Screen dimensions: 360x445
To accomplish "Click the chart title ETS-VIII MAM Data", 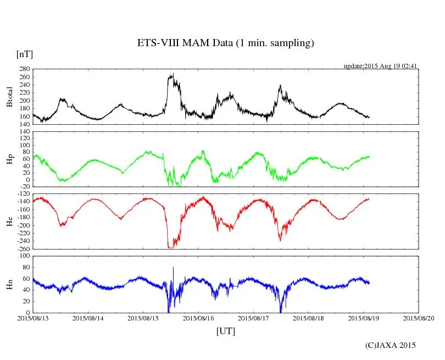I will pos(225,43).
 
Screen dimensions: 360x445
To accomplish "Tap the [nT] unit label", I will pos(25,54).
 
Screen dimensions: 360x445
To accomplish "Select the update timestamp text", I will pos(381,66).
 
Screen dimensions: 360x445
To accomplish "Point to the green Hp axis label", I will pos(9,159).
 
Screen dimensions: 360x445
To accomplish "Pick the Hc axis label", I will pos(9,221).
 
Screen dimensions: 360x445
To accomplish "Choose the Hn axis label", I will pos(9,284).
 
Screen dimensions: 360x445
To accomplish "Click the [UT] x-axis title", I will pos(226,331).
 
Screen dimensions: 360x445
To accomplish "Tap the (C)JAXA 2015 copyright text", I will pos(391,345).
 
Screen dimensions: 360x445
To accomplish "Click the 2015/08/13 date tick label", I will pos(33,319).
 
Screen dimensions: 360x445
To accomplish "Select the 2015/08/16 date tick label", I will pos(198,319).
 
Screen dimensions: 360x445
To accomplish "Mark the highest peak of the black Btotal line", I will pos(173,74).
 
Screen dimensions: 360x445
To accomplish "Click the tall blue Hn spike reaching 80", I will pos(173,267).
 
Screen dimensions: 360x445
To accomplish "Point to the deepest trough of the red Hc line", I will pos(170,248).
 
